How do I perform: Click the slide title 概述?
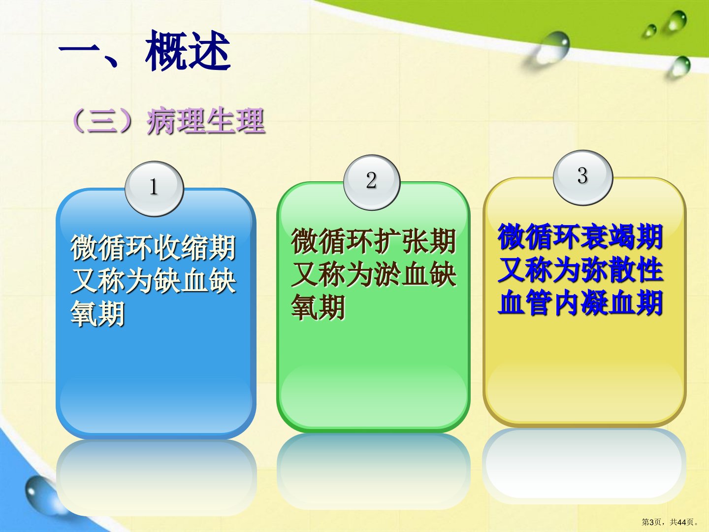click(188, 51)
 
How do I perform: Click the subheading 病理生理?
click(206, 122)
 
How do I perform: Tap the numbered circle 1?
click(154, 189)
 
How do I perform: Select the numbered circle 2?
click(372, 182)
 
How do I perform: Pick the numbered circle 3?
click(582, 177)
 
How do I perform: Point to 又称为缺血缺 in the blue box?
click(153, 280)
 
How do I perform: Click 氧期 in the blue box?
click(97, 313)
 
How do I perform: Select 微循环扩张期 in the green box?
click(373, 241)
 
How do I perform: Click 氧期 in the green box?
click(318, 307)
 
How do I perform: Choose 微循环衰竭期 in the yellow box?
click(580, 237)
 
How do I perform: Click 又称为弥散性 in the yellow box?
click(580, 270)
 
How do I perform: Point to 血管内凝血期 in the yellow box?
click(580, 302)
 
